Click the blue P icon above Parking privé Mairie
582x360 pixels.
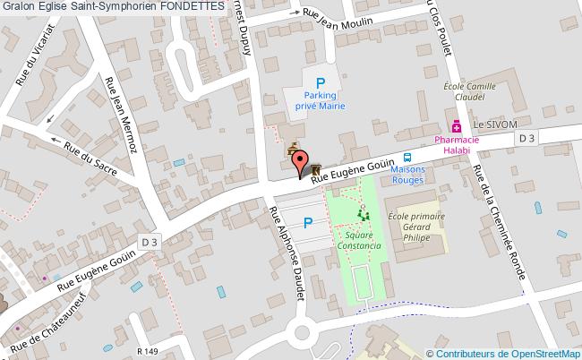(320, 81)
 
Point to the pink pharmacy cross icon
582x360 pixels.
(457, 125)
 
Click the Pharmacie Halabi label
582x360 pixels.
(457, 145)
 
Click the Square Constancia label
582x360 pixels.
(362, 240)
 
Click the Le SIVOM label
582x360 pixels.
(496, 125)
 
